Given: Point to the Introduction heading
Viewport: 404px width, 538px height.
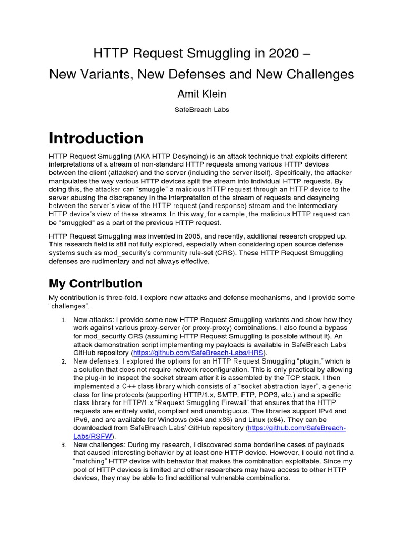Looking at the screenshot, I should (x=96, y=138).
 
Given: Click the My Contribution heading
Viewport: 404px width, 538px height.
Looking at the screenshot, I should (x=95, y=284).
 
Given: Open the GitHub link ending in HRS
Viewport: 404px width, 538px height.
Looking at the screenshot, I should (x=200, y=352).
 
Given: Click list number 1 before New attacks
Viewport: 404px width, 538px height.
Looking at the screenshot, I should (x=62, y=320).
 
